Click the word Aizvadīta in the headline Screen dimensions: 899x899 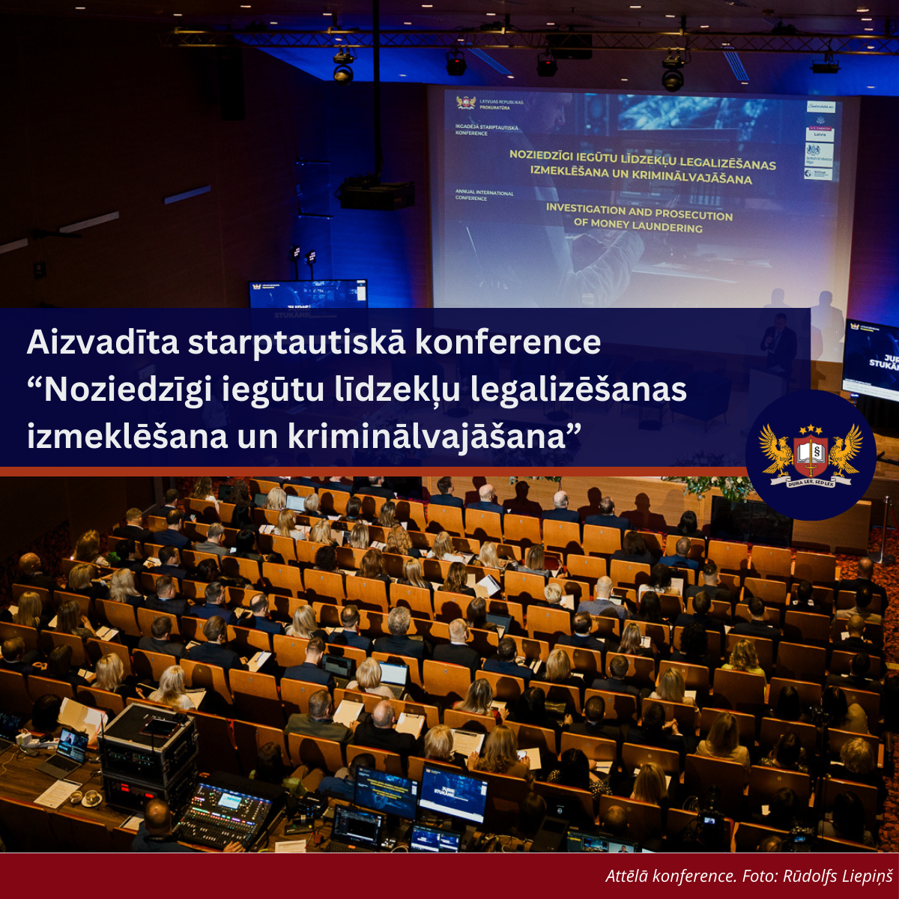[102, 342]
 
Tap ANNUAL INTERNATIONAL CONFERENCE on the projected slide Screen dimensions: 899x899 [484, 196]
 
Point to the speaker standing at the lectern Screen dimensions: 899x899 [779, 341]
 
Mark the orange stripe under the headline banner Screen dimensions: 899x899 [375, 471]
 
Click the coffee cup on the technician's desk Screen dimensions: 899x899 [91, 799]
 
